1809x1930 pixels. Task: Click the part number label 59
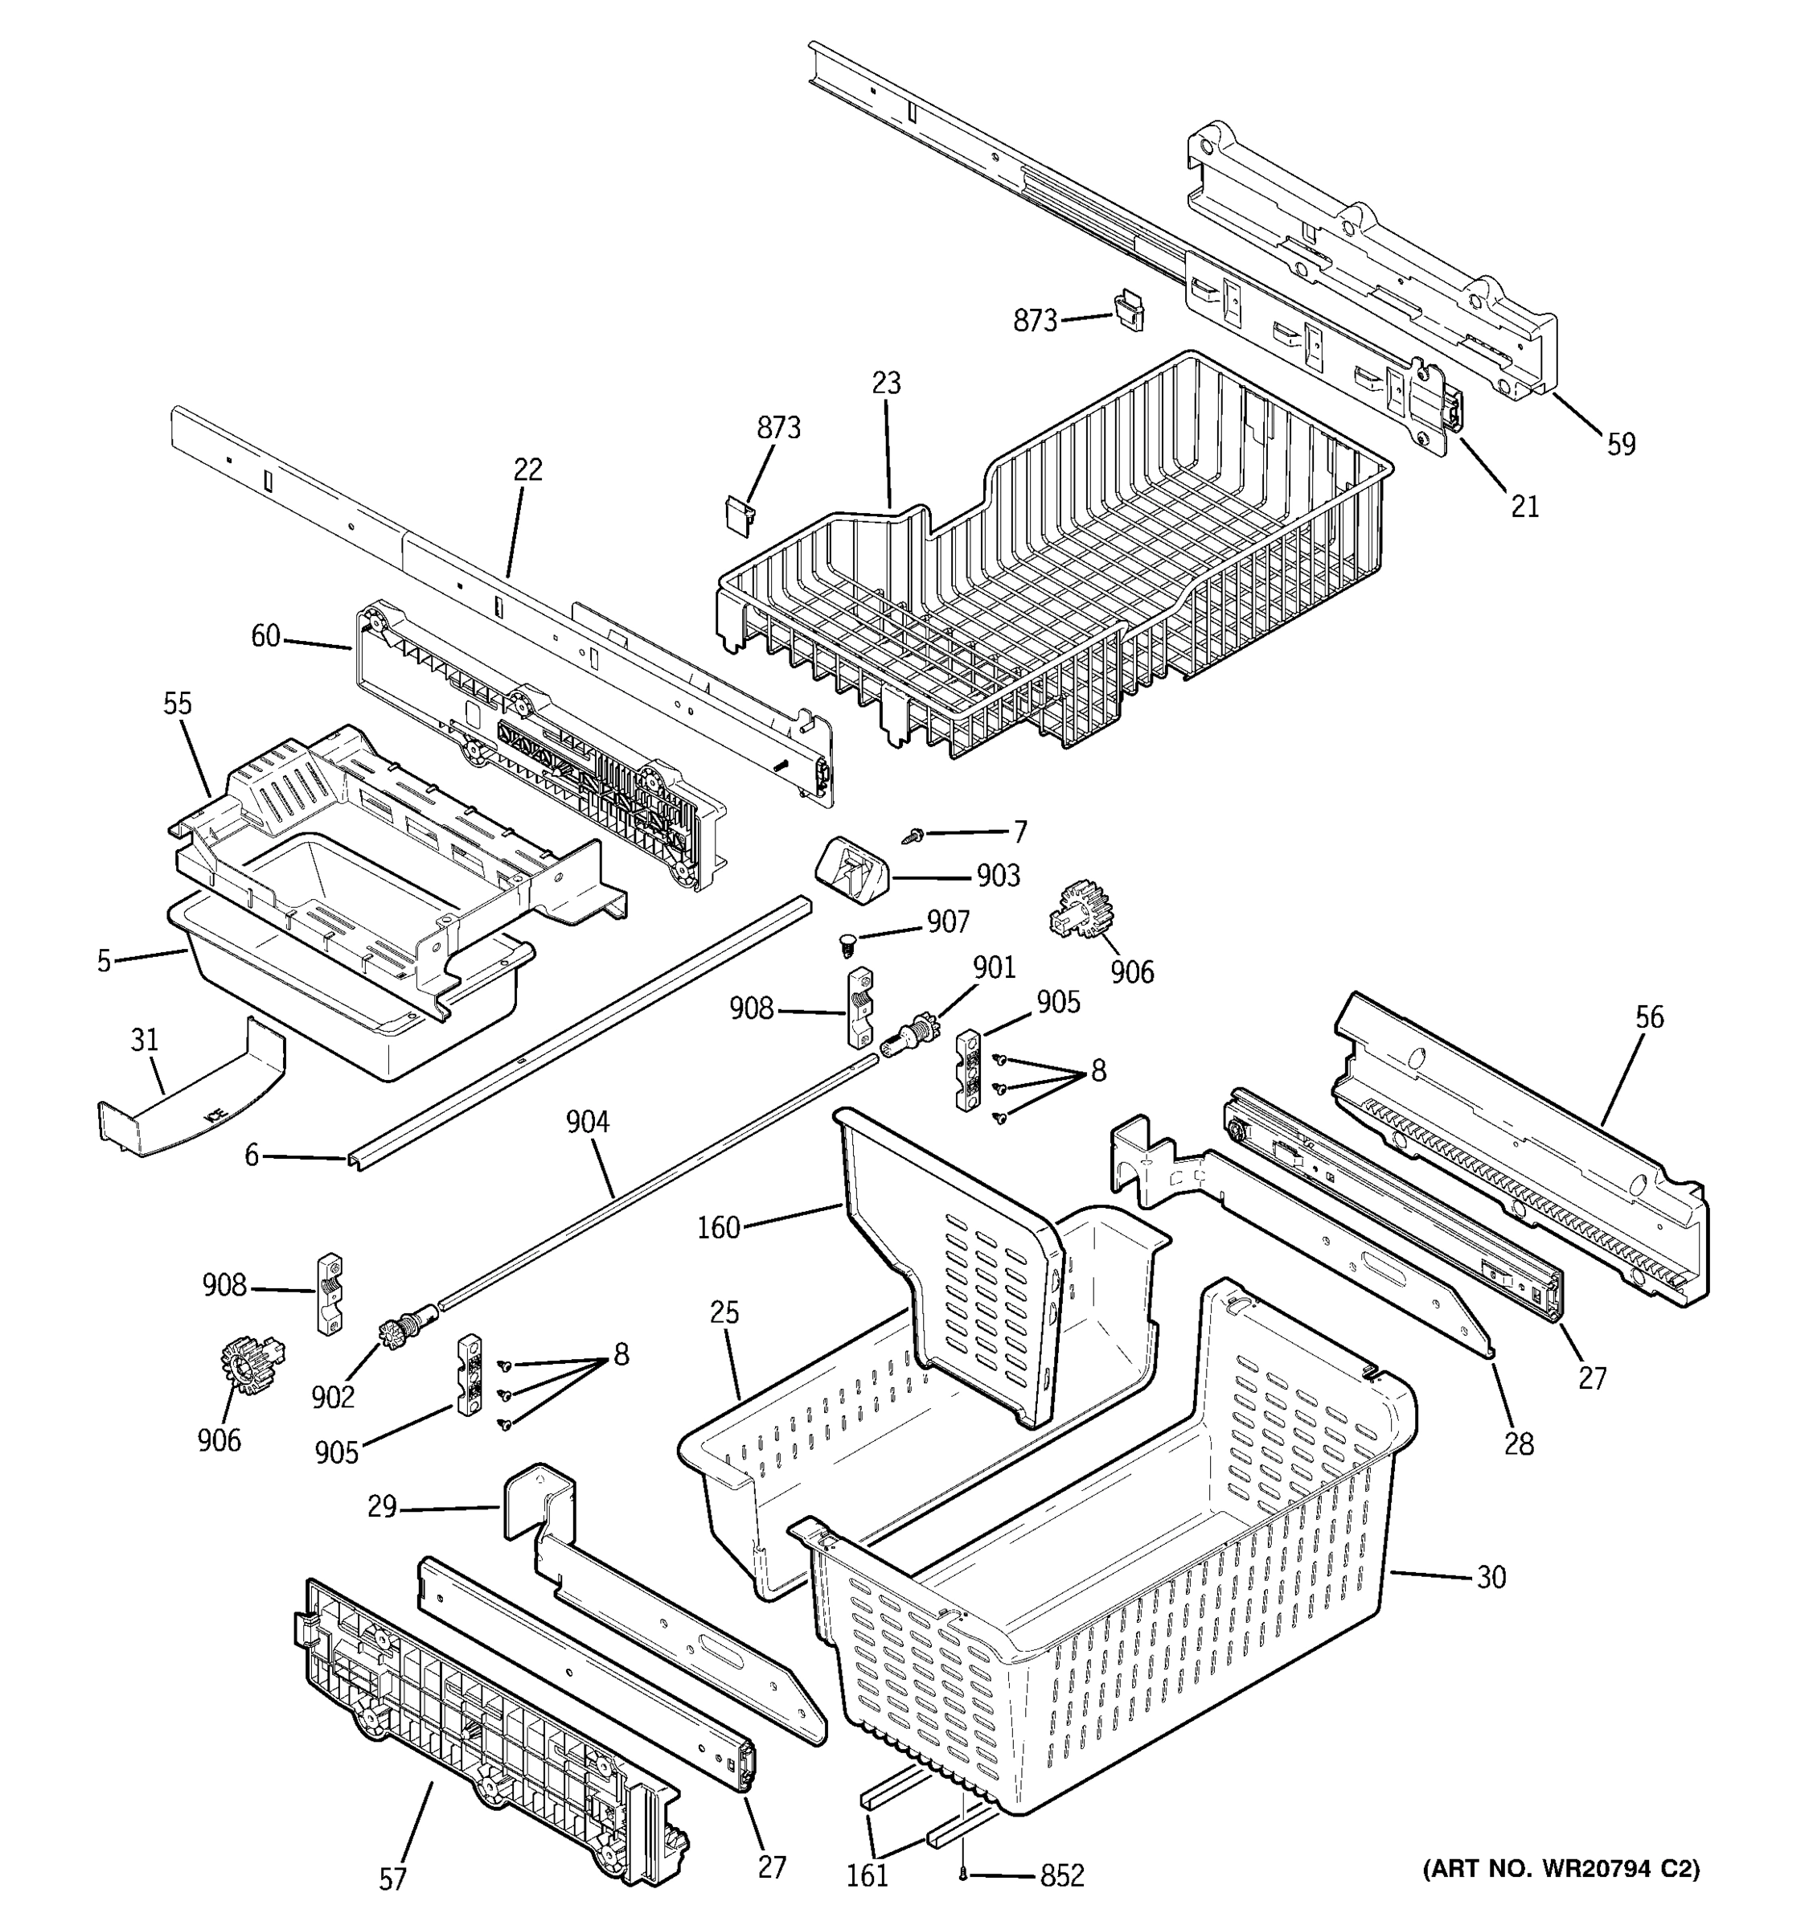tap(1621, 444)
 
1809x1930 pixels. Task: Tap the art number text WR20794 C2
tap(1560, 1869)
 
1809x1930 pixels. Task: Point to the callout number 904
tap(587, 1123)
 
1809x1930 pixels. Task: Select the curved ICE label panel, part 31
tap(189, 1097)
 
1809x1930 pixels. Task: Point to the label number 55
tap(177, 703)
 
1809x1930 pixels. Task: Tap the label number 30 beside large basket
tap(1491, 1577)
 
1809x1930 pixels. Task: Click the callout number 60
tap(265, 636)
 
